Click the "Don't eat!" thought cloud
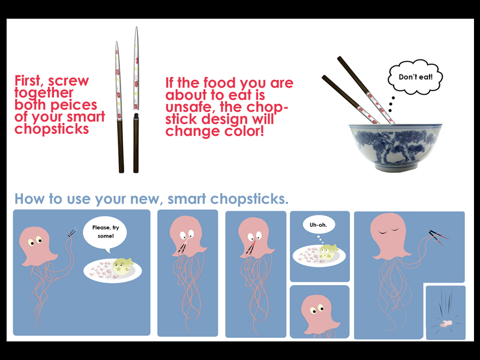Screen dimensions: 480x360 415,77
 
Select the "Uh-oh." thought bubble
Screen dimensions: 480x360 319,224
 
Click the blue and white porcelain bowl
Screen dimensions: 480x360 395,147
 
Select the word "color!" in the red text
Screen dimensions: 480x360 244,131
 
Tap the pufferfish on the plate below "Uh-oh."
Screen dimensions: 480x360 327,251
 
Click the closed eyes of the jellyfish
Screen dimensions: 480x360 389,230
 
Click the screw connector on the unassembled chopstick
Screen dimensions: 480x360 136,116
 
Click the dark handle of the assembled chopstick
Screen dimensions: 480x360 121,146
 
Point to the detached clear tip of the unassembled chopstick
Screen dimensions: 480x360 136,68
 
